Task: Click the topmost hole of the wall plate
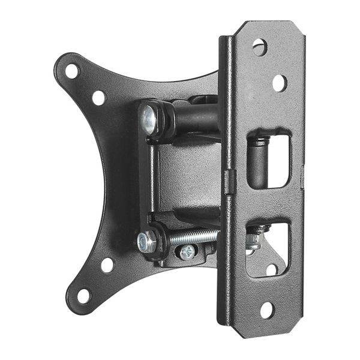259,46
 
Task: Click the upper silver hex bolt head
148,120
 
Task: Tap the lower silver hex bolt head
146,242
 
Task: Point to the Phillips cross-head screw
188,253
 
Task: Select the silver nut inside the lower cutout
253,241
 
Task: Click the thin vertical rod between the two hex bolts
154,180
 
